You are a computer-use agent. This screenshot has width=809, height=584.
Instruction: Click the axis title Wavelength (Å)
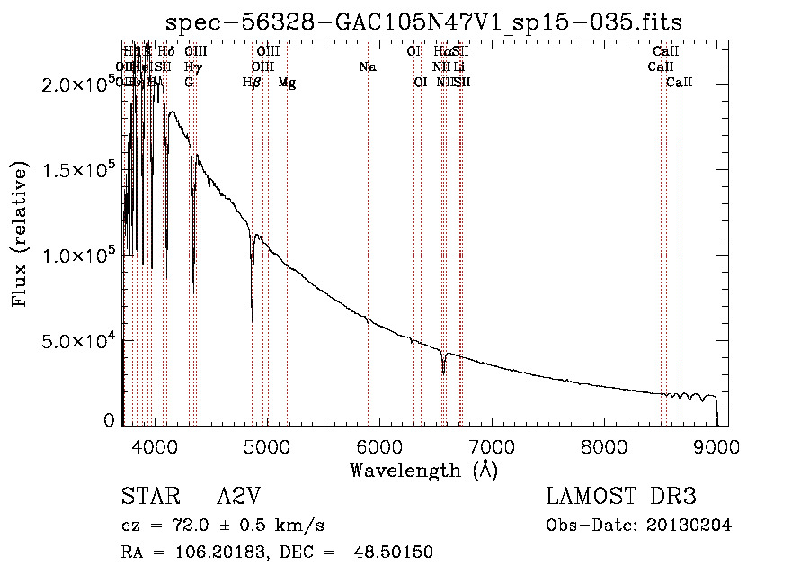(423, 470)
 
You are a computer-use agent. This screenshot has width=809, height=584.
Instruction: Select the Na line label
(367, 67)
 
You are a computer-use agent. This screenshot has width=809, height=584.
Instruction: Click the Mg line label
(287, 83)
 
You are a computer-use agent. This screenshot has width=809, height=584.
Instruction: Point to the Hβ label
(252, 83)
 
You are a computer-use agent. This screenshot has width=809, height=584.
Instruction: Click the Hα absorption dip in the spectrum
(443, 371)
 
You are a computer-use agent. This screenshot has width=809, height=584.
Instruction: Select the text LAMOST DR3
(621, 497)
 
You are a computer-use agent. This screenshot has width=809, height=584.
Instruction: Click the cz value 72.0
(177, 526)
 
